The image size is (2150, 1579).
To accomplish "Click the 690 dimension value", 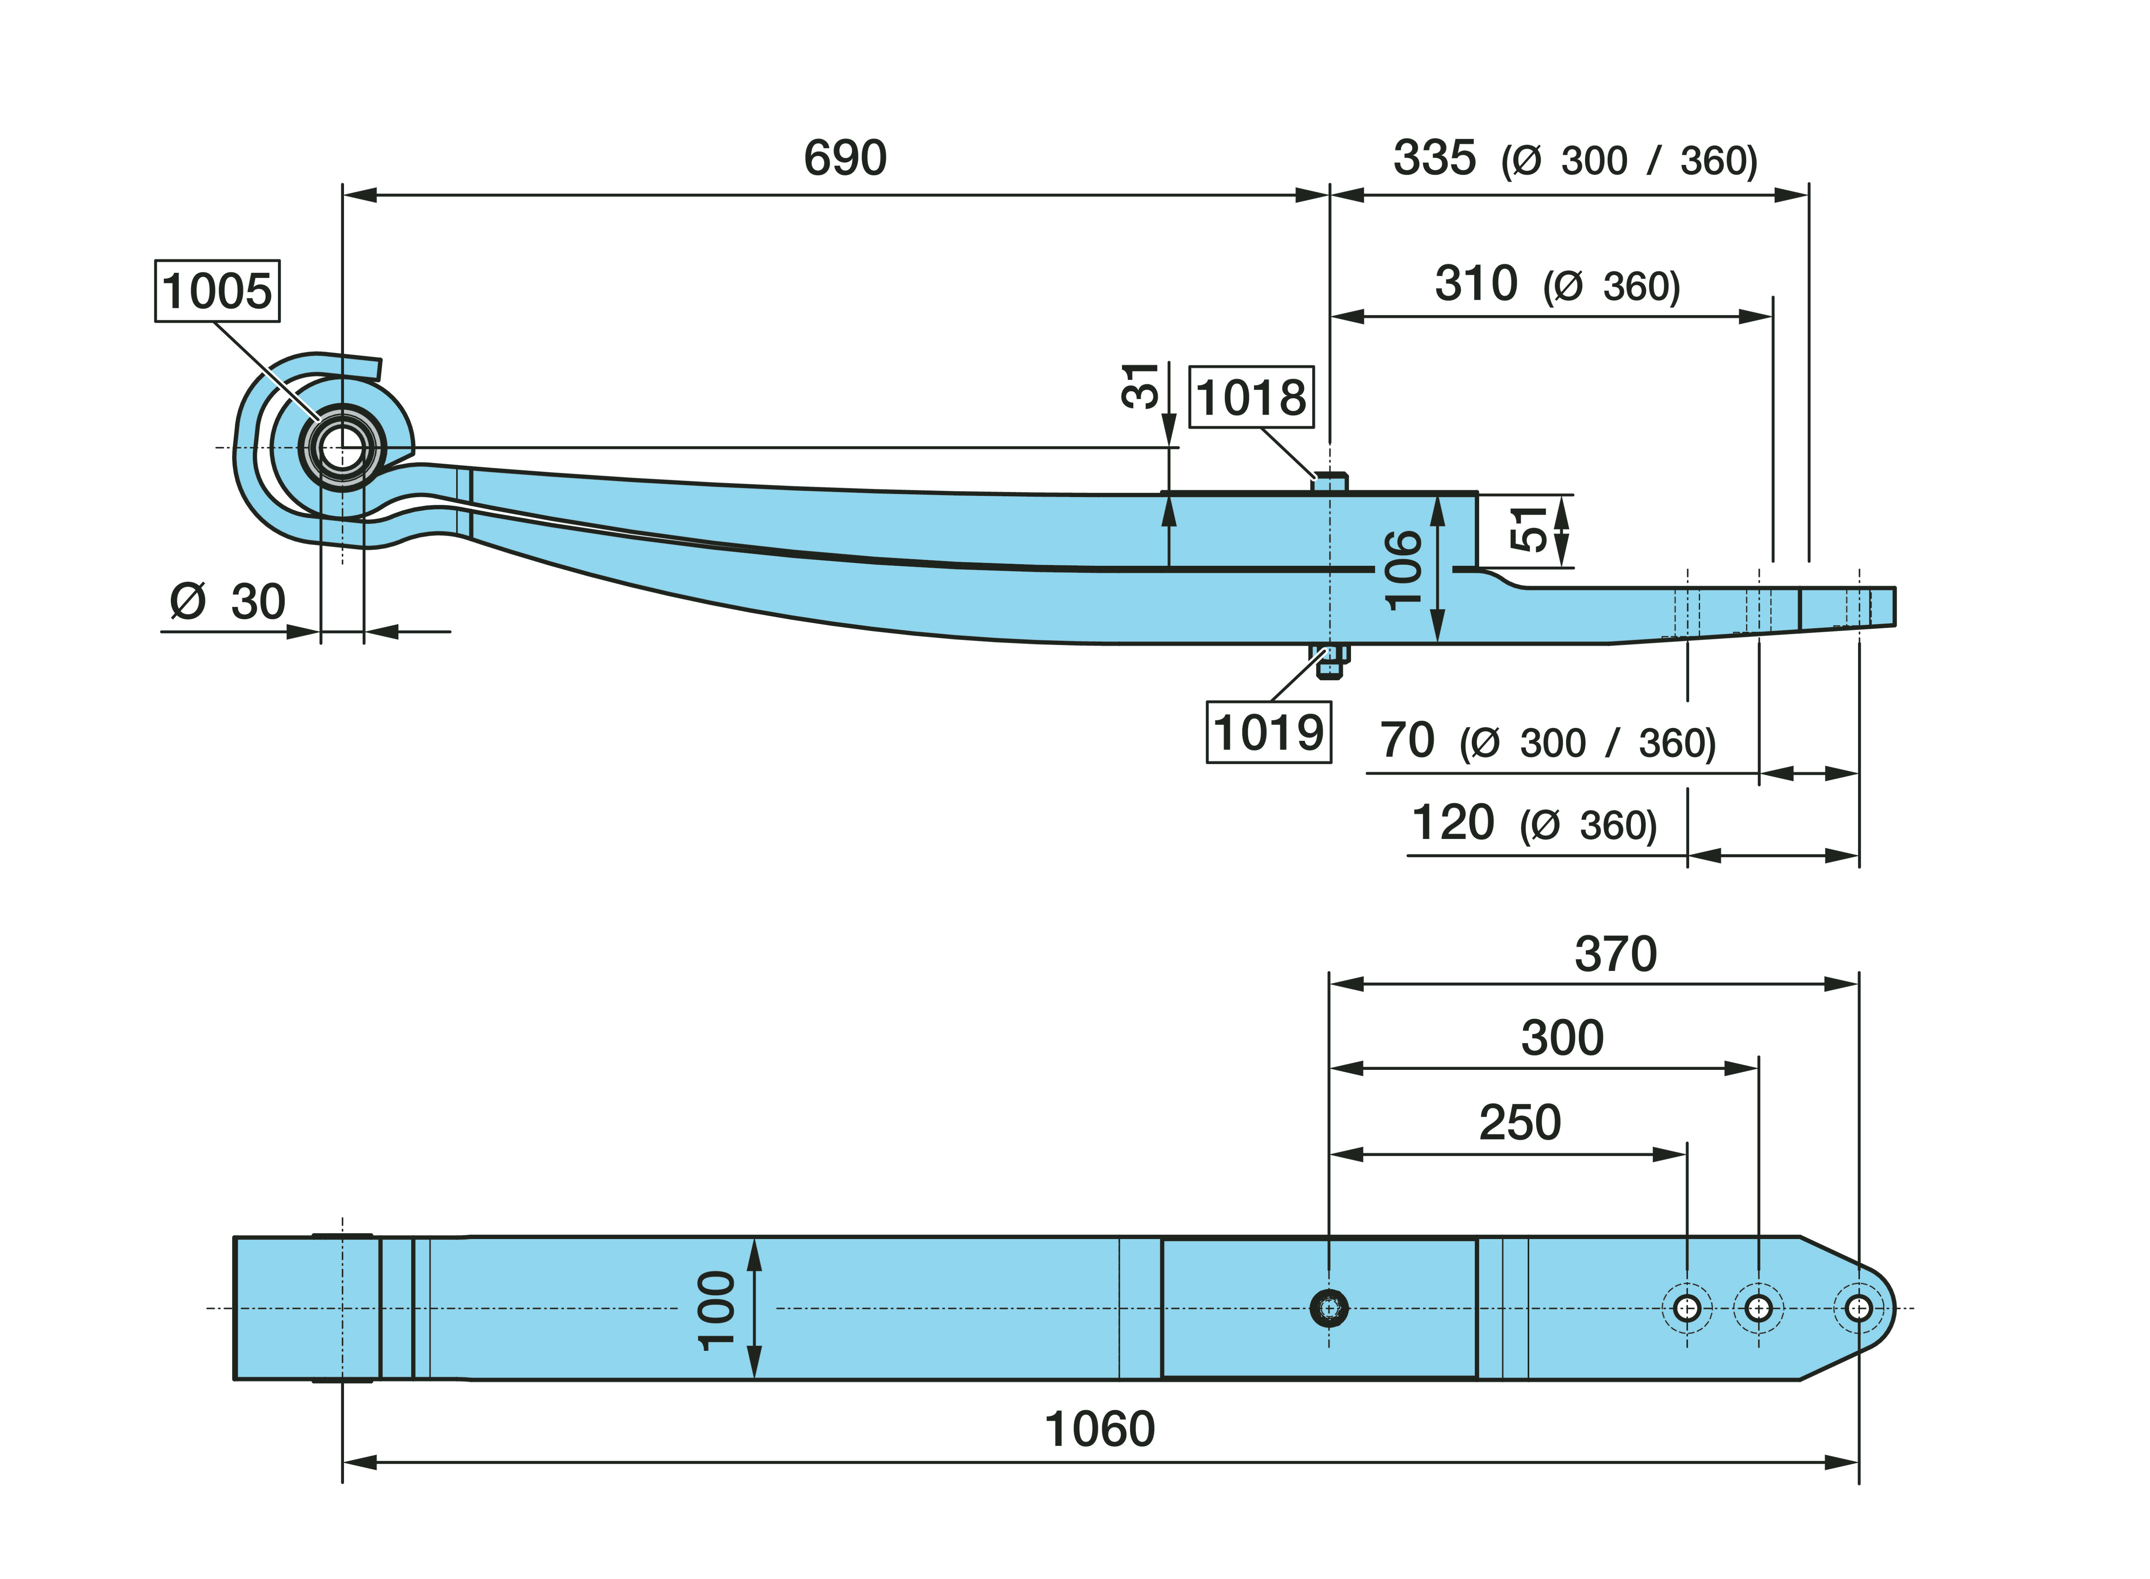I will (x=845, y=158).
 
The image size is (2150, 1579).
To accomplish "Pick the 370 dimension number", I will (x=1616, y=954).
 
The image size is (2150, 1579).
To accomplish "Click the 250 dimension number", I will (x=1520, y=1122).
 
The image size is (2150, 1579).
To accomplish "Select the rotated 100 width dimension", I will (x=717, y=1309).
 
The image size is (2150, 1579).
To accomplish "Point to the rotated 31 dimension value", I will (x=1141, y=386).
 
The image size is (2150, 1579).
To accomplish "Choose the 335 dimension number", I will (x=1434, y=158).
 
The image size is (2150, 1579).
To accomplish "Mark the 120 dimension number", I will (x=1452, y=823).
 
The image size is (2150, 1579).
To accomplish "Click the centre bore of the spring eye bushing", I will (x=341, y=447).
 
